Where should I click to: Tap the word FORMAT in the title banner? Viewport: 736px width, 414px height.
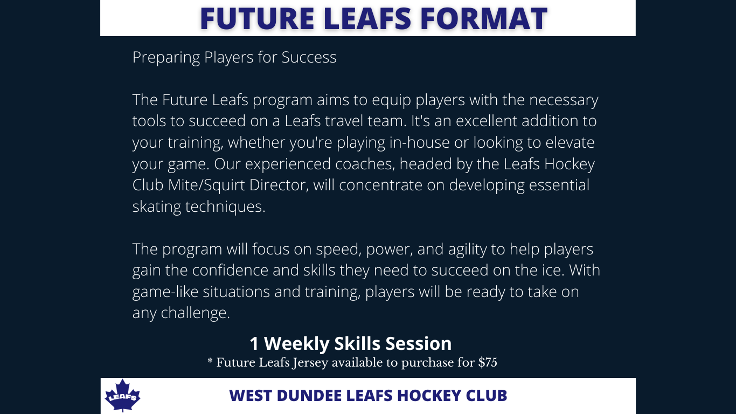[484, 18]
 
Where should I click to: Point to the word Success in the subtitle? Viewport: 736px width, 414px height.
[309, 57]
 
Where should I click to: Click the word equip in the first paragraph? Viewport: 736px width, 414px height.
[391, 100]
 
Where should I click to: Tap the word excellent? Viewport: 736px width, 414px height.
[487, 121]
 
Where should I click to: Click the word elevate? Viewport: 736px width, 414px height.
[570, 143]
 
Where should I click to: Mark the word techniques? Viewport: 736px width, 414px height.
[225, 207]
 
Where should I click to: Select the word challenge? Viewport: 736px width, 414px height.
[195, 313]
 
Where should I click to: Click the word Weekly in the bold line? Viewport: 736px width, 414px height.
[297, 344]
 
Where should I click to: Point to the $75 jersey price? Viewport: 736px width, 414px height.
[488, 362]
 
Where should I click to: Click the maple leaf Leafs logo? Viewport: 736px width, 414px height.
[122, 395]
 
